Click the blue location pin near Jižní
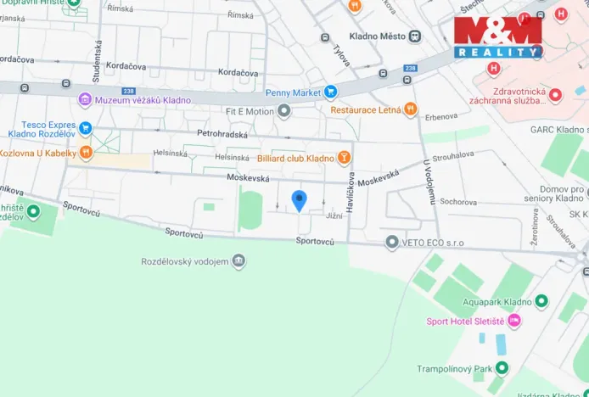coord(299,200)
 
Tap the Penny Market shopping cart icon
coord(331,92)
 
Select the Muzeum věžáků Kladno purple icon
coord(85,100)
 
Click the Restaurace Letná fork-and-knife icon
coord(411,109)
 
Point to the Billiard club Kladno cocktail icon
coord(344,158)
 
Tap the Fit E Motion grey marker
coord(284,110)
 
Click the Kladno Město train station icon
coord(414,36)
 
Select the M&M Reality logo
coord(497,36)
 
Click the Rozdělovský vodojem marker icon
coord(239,261)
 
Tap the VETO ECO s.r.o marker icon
coord(391,243)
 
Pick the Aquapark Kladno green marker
coord(541,301)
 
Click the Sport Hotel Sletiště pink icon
coord(514,322)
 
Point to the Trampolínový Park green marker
coord(502,368)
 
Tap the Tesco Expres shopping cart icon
coord(85,129)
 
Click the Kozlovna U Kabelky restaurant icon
coord(85,153)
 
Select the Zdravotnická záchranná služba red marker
coord(555,94)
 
